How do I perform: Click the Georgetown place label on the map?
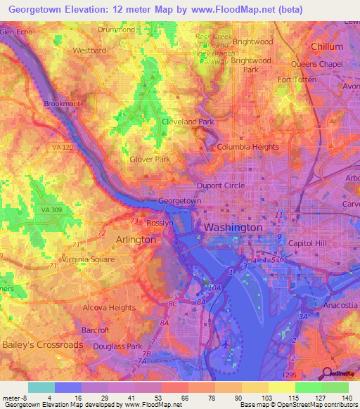(180, 201)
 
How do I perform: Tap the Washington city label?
(233, 228)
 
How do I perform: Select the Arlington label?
(135, 240)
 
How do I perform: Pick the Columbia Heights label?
(247, 148)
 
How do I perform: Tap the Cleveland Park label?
(188, 122)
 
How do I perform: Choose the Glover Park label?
(150, 160)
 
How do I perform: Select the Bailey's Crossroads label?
(42, 345)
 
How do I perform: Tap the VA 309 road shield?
(51, 210)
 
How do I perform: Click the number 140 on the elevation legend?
(347, 398)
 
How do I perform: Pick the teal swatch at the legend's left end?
(41, 387)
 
